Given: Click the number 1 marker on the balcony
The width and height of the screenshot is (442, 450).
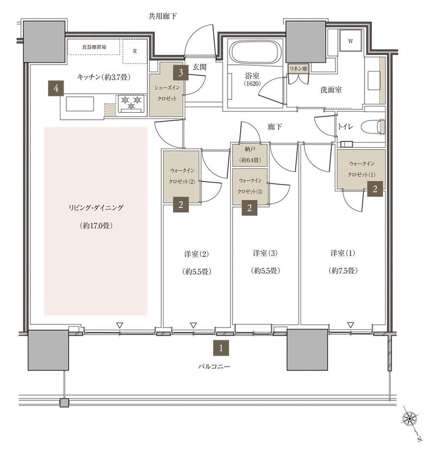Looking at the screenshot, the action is (x=221, y=348).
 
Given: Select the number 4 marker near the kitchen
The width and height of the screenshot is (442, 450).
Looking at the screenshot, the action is (x=56, y=88).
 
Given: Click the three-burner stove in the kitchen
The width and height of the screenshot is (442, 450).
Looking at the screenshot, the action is (x=132, y=104).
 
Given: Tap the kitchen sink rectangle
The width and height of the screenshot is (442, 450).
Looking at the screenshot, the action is (x=80, y=104).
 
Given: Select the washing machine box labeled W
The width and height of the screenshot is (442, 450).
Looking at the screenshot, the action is (x=351, y=41).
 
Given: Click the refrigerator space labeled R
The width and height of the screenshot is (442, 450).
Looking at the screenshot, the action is (x=135, y=51).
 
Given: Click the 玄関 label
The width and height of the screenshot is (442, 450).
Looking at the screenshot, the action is (x=199, y=67).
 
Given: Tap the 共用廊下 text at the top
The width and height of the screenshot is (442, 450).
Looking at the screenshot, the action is (x=162, y=16).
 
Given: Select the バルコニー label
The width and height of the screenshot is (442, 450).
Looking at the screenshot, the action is (x=214, y=367).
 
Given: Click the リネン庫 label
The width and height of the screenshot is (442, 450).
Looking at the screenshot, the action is (x=298, y=69).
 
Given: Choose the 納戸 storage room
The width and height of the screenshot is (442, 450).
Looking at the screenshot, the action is (x=250, y=155).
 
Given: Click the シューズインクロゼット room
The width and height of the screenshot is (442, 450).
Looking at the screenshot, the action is (x=166, y=89).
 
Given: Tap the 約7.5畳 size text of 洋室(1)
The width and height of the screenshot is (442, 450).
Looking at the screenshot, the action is (x=343, y=270).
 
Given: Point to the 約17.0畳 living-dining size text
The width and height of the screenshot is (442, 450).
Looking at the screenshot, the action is (x=96, y=226).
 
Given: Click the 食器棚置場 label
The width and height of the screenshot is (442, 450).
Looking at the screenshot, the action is (x=94, y=47).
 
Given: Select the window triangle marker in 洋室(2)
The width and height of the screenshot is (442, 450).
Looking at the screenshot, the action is (x=193, y=325).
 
